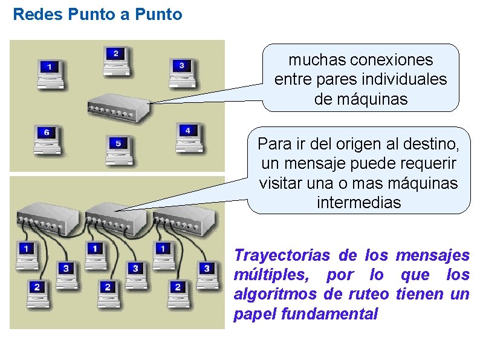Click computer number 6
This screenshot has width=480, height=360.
click(47, 136)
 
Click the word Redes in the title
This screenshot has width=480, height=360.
click(34, 15)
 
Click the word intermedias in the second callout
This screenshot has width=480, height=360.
click(358, 203)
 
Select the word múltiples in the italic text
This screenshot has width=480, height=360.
click(269, 275)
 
